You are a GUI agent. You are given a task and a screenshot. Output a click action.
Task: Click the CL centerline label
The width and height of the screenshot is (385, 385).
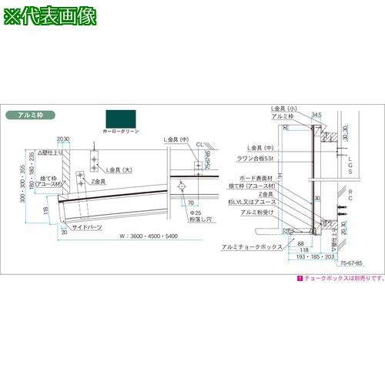point(199,144)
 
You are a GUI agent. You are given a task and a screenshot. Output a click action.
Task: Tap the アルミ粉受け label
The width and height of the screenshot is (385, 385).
point(254,211)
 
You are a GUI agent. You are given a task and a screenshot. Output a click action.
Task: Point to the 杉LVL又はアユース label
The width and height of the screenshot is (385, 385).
point(254,202)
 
